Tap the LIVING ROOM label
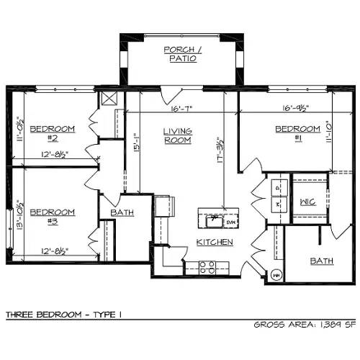pyautogui.click(x=177, y=135)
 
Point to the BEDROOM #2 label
pyautogui.click(x=52, y=133)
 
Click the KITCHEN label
pyautogui.click(x=215, y=243)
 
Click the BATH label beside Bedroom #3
pyautogui.click(x=122, y=214)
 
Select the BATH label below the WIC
pyautogui.click(x=321, y=261)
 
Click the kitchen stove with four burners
pyautogui.click(x=207, y=266)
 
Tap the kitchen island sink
pyautogui.click(x=212, y=217)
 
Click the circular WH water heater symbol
pyautogui.click(x=276, y=274)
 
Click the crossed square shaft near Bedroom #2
pyautogui.click(x=109, y=99)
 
